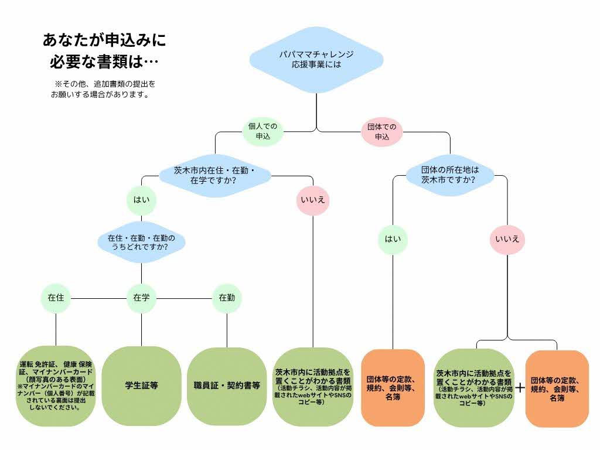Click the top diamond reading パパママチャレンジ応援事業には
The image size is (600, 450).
(x=316, y=60)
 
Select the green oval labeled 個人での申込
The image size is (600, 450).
(x=263, y=131)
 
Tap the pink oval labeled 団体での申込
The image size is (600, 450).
(x=382, y=132)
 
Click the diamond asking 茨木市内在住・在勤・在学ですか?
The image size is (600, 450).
(x=215, y=176)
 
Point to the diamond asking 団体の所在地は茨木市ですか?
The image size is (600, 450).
(x=450, y=175)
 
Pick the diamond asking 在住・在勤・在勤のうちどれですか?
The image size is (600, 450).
(x=142, y=242)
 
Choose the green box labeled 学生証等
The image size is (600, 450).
(x=142, y=386)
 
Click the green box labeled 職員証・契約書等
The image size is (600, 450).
(x=227, y=386)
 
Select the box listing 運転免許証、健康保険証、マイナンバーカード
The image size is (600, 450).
(x=56, y=386)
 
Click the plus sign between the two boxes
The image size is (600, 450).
(x=520, y=388)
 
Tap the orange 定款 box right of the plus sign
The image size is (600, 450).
(x=557, y=389)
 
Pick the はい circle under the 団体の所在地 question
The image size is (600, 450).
(x=393, y=240)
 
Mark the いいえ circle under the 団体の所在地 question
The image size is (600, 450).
(x=507, y=240)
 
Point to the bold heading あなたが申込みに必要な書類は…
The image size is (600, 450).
(x=104, y=50)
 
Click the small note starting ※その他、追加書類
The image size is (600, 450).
(x=103, y=89)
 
